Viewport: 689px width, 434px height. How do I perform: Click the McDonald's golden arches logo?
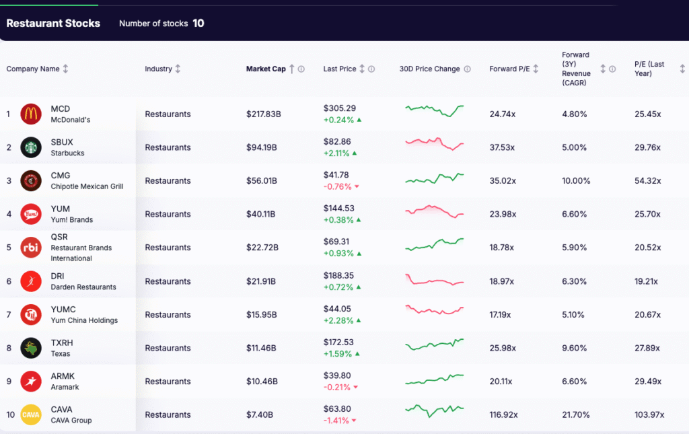[31, 114]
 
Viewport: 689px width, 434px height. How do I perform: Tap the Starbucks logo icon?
[31, 147]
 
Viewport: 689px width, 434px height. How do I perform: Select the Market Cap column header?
[266, 69]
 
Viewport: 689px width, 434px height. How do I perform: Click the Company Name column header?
[33, 69]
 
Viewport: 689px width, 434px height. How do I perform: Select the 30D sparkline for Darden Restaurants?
[434, 281]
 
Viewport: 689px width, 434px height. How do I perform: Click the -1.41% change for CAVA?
[336, 421]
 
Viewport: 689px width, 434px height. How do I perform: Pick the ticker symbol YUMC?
[63, 310]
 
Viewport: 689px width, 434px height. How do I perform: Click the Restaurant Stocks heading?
[53, 24]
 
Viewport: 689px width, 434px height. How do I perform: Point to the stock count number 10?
[198, 24]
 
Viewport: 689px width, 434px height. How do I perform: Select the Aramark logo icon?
[31, 382]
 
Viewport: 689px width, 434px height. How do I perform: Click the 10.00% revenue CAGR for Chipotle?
[576, 181]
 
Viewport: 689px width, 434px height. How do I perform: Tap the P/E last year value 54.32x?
[648, 181]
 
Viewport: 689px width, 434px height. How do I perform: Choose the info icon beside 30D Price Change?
[468, 69]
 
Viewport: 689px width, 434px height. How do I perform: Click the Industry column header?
[158, 69]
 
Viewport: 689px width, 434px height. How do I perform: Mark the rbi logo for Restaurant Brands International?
[31, 248]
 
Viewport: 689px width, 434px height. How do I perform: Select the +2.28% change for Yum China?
[338, 320]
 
